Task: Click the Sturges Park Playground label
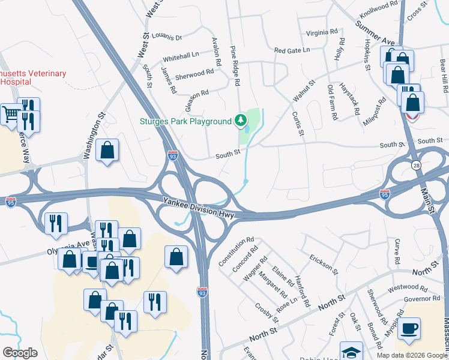[185, 121]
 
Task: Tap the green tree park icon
[241, 121]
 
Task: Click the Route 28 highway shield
[415, 165]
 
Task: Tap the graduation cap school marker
[351, 351]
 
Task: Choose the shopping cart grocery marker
[11, 113]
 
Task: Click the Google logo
[20, 353]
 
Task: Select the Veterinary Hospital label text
[33, 77]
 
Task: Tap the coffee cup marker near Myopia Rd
[409, 328]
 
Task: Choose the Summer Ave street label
[375, 34]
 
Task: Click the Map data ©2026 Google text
[412, 355]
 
